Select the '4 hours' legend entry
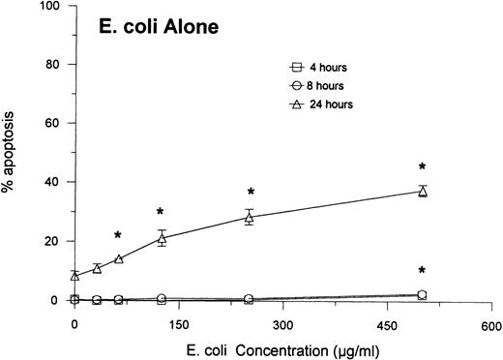pyautogui.click(x=324, y=68)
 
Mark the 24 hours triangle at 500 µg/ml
pyautogui.click(x=422, y=192)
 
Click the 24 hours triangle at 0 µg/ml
pyautogui.click(x=74, y=276)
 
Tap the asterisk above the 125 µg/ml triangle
pyautogui.click(x=161, y=212)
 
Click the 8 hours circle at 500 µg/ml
pyautogui.click(x=422, y=294)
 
